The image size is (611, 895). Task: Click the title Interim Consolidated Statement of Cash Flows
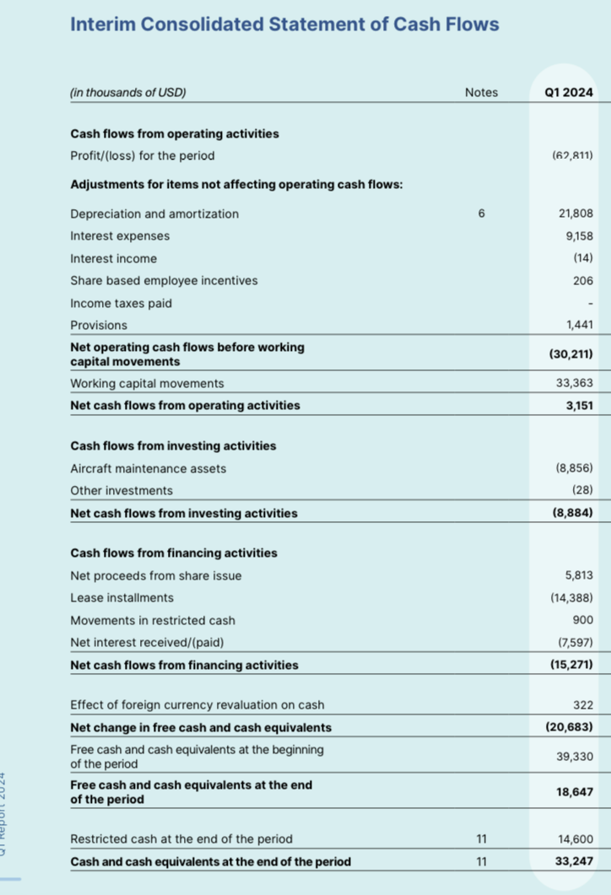(284, 24)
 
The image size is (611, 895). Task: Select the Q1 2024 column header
(570, 93)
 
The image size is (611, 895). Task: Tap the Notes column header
(481, 93)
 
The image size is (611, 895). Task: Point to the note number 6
(481, 214)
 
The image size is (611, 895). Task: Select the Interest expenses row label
(120, 236)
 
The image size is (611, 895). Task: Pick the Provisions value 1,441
(578, 326)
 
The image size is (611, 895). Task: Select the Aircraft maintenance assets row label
(148, 469)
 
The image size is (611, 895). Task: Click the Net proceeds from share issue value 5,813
(578, 576)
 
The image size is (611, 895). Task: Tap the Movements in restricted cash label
(141, 620)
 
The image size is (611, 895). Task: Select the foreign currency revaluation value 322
(582, 705)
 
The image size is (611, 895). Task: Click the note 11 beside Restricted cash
(481, 839)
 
